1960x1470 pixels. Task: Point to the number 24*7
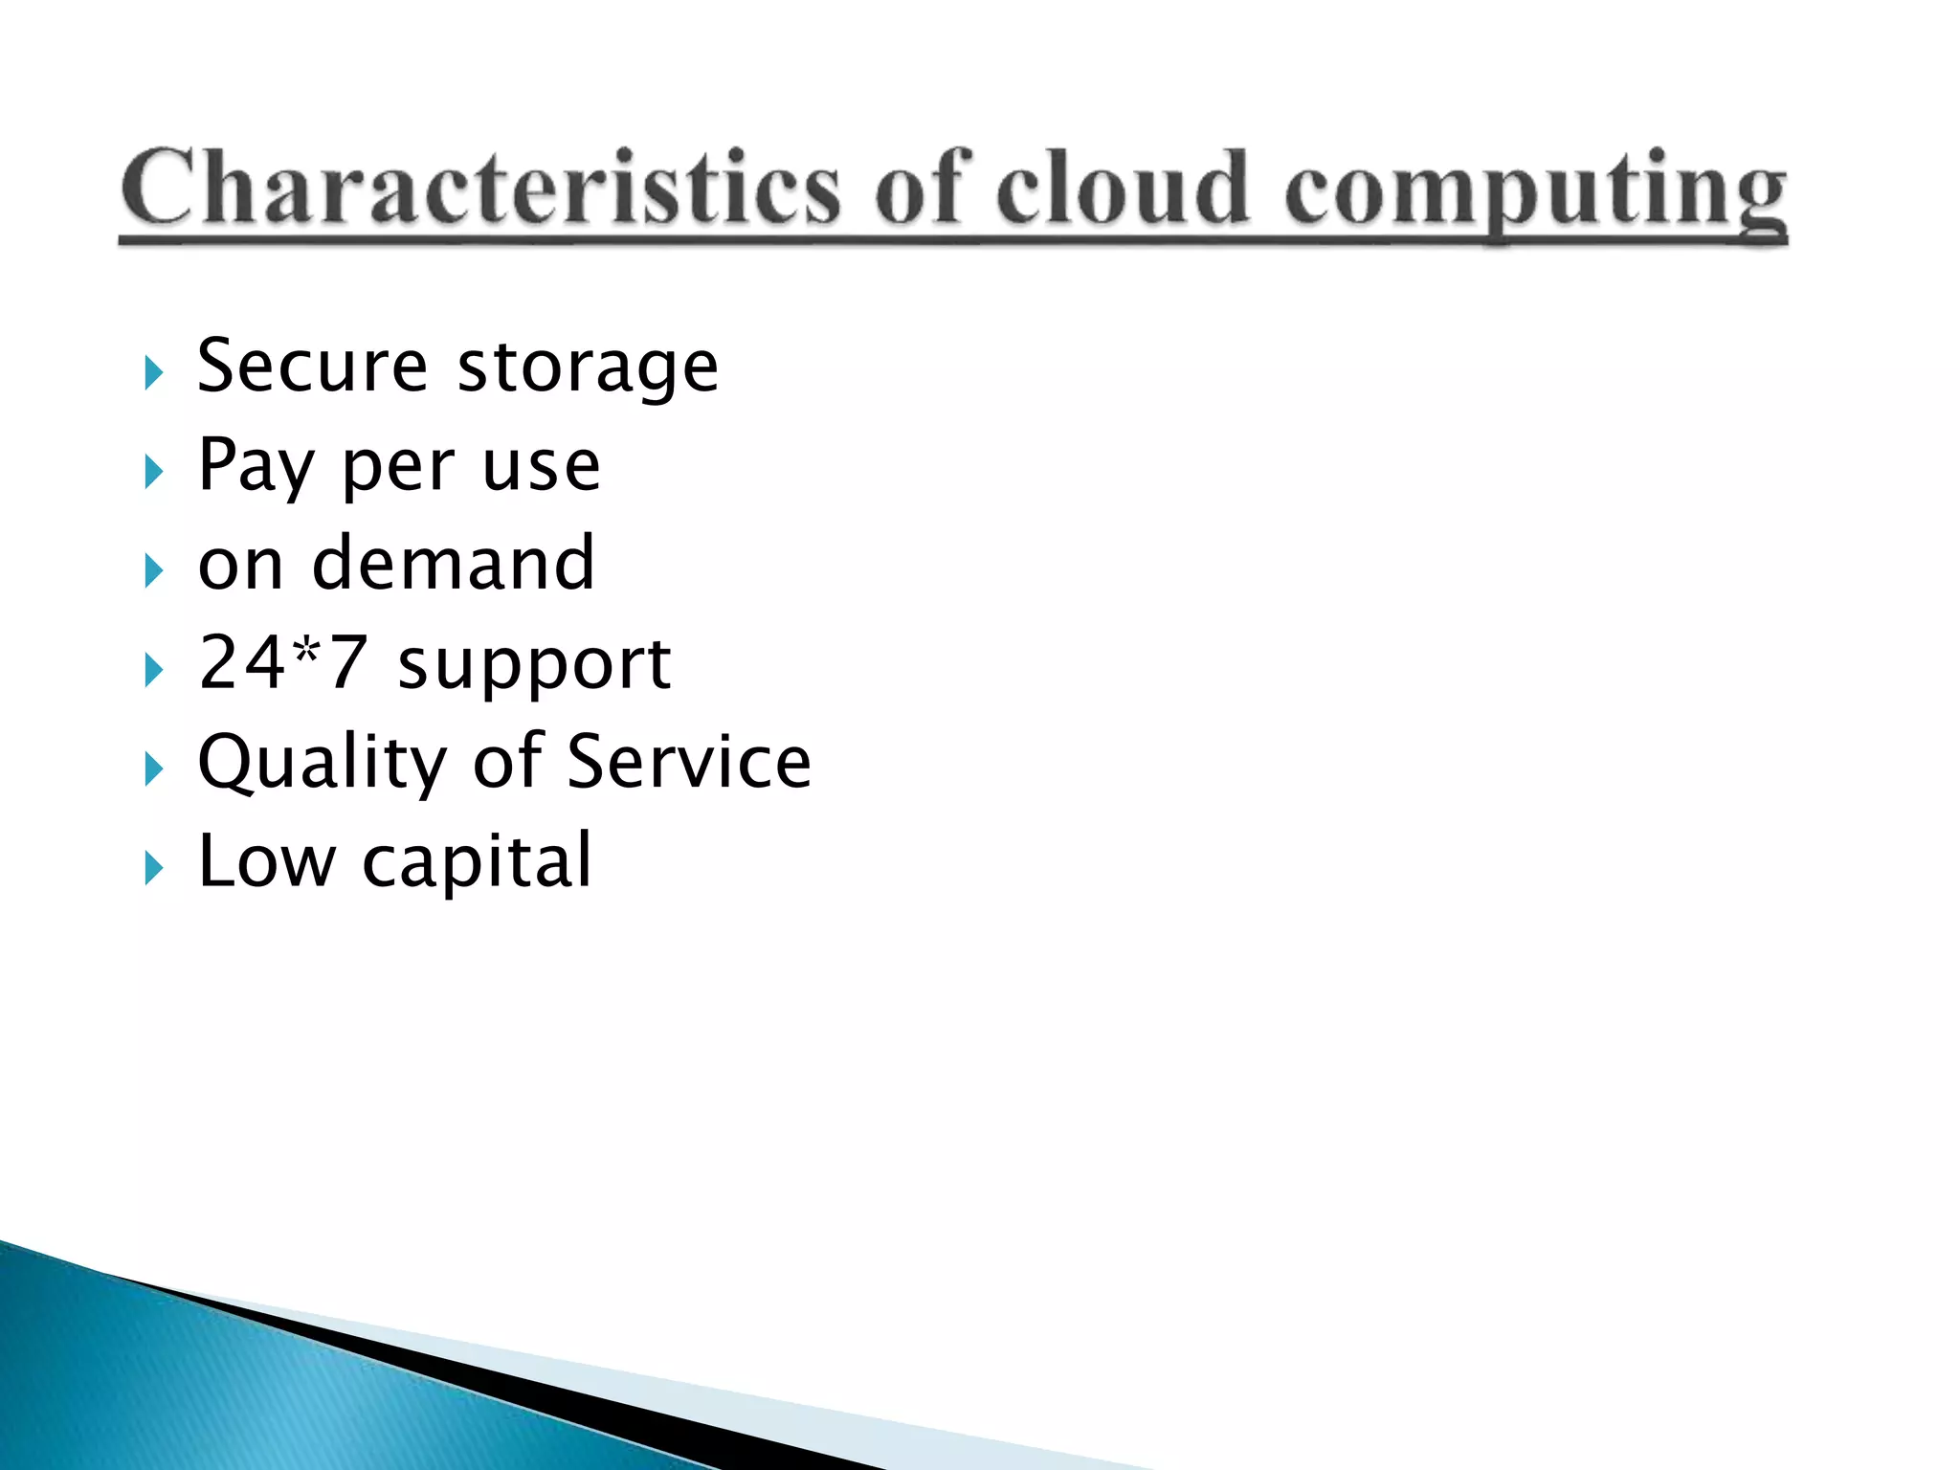[282, 662]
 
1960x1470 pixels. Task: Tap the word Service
[689, 762]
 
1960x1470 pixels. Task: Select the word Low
[267, 861]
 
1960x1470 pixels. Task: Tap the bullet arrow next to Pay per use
[153, 472]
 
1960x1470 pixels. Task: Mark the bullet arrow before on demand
[153, 571]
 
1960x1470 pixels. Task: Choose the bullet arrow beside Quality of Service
[153, 768]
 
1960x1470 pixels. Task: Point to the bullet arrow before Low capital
[153, 868]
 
